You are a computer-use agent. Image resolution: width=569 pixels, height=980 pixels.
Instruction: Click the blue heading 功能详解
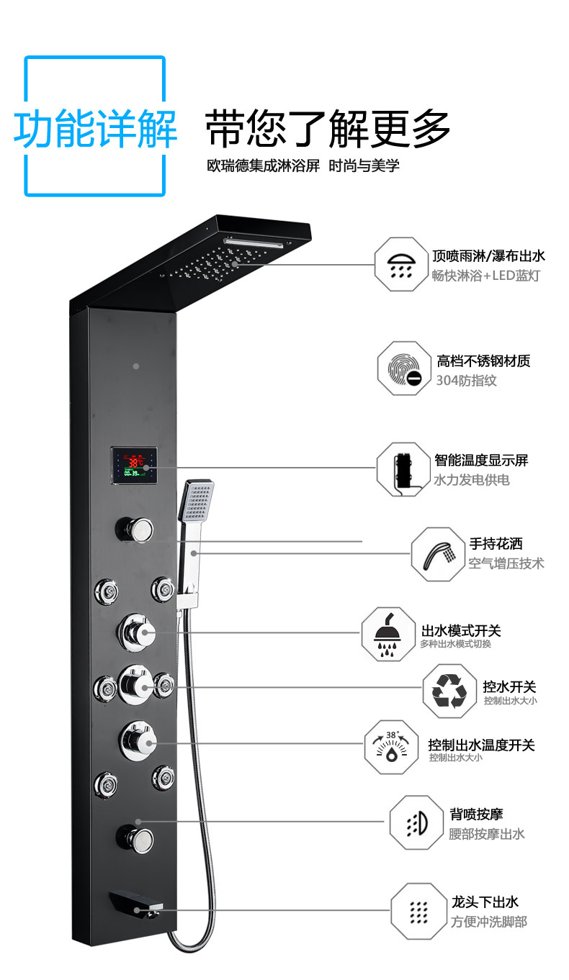pyautogui.click(x=96, y=128)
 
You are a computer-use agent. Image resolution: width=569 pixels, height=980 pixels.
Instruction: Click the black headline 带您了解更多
pyautogui.click(x=328, y=128)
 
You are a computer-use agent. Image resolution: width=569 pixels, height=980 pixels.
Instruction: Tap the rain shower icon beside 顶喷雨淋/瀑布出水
pyautogui.click(x=401, y=265)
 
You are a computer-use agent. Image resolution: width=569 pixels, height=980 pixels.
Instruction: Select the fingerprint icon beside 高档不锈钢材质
pyautogui.click(x=404, y=369)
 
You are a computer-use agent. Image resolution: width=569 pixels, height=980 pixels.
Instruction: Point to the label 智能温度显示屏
pyautogui.click(x=481, y=460)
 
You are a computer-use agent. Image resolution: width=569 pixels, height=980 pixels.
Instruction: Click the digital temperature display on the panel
pyautogui.click(x=134, y=465)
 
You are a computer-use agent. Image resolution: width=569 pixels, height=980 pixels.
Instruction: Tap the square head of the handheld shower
pyautogui.click(x=197, y=500)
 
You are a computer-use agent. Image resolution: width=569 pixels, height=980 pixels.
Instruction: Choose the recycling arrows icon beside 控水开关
pyautogui.click(x=449, y=691)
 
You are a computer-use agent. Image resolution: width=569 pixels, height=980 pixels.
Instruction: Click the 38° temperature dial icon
pyautogui.click(x=391, y=747)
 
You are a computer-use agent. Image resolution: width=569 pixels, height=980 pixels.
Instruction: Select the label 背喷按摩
pyautogui.click(x=476, y=815)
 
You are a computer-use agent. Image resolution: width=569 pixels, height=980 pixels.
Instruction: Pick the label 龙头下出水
pyautogui.click(x=485, y=902)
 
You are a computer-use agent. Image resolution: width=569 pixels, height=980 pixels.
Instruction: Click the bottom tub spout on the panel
pyautogui.click(x=136, y=904)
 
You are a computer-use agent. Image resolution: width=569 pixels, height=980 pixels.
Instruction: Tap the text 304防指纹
pyautogui.click(x=466, y=380)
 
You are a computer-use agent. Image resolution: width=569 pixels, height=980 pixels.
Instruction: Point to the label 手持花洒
pyautogui.click(x=496, y=543)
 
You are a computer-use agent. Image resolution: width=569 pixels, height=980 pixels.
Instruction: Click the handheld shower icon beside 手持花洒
pyautogui.click(x=438, y=554)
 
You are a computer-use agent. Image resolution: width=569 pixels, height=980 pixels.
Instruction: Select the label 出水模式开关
pyautogui.click(x=461, y=630)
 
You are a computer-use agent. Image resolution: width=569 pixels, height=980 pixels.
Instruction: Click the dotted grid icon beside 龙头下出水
pyautogui.click(x=418, y=912)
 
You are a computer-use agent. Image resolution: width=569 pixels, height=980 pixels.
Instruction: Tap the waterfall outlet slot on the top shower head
pyautogui.click(x=254, y=242)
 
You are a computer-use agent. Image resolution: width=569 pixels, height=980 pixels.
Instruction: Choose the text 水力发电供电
pyautogui.click(x=472, y=480)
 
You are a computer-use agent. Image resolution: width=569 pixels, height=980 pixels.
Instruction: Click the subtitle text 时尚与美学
pyautogui.click(x=364, y=165)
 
